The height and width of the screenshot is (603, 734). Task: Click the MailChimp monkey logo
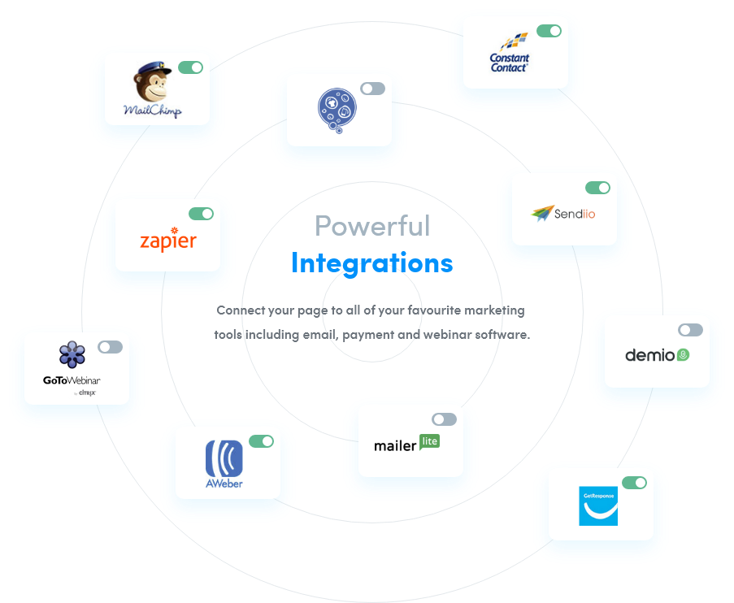pyautogui.click(x=152, y=85)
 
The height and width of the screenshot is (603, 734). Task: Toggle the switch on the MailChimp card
pyautogui.click(x=190, y=67)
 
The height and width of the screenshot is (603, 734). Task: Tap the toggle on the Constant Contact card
pyautogui.click(x=549, y=31)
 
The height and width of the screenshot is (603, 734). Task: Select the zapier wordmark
pyautogui.click(x=167, y=241)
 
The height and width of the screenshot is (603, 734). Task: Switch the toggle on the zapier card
pyautogui.click(x=201, y=214)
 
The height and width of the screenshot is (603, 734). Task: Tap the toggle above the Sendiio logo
pyautogui.click(x=597, y=188)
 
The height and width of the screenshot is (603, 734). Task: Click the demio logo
pyautogui.click(x=657, y=355)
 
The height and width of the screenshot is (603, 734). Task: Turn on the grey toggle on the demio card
pyautogui.click(x=690, y=330)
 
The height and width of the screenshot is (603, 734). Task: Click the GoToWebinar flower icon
pyautogui.click(x=72, y=354)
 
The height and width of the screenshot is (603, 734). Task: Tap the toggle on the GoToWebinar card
pyautogui.click(x=110, y=347)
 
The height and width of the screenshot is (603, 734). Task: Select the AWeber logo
pyautogui.click(x=224, y=463)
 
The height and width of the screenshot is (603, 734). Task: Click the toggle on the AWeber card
pyautogui.click(x=261, y=441)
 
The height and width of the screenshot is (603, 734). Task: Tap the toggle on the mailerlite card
pyautogui.click(x=444, y=419)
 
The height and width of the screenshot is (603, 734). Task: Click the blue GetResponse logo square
pyautogui.click(x=598, y=505)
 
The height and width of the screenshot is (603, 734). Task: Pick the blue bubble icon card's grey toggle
pyautogui.click(x=372, y=89)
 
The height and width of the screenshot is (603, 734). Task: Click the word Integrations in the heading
pyautogui.click(x=372, y=263)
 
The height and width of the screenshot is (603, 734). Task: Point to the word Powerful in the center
pyautogui.click(x=372, y=225)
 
